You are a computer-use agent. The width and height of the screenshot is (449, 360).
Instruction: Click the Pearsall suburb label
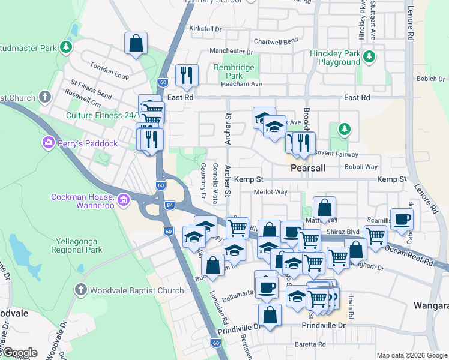pos(307,169)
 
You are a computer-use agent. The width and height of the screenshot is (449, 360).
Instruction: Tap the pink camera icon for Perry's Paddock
pos(47,143)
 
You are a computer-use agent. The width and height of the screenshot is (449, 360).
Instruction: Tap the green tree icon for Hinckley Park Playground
pos(370,57)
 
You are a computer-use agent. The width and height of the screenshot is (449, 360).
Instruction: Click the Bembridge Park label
pos(234,72)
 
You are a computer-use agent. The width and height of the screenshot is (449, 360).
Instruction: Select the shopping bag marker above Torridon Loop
pos(136,43)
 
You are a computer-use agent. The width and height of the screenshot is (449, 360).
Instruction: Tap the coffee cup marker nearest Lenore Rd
pos(402,218)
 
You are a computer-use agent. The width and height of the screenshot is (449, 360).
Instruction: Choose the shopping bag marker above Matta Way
pos(324,208)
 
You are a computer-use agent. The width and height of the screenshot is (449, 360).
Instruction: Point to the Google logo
pos(19,353)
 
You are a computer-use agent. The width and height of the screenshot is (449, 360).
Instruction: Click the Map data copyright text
pos(412,355)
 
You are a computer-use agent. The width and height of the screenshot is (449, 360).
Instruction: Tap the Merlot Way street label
pos(270,192)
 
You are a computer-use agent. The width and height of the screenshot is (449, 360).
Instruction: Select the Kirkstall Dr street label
pos(206,29)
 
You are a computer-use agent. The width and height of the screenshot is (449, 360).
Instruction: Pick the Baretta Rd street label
pos(310,344)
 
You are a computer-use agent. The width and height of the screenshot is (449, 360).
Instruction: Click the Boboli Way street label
pos(363,167)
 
